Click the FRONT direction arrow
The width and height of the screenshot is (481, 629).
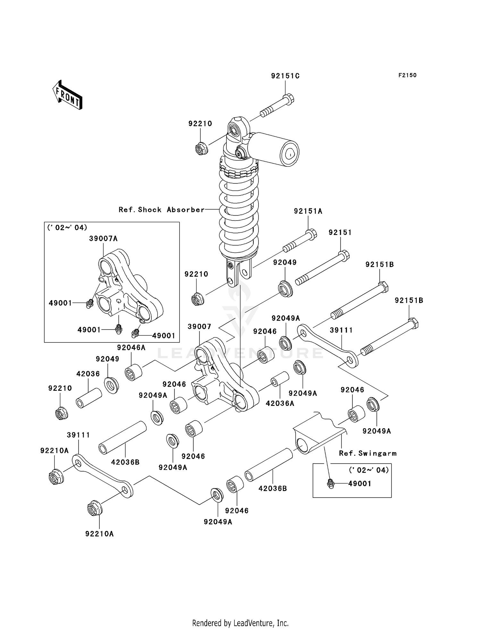point(68,95)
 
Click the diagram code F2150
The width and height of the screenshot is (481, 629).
point(407,75)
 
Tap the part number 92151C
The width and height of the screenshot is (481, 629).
point(285,76)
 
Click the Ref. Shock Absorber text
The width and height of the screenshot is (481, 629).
point(161,210)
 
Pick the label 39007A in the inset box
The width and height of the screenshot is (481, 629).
point(103,239)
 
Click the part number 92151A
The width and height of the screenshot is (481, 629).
point(308,211)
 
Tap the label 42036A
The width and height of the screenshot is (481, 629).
point(280,403)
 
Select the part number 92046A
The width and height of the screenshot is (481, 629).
point(131,348)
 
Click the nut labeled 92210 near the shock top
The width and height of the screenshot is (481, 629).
point(201,148)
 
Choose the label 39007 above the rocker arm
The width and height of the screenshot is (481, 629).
point(199,327)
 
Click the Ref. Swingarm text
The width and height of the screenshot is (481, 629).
point(367,453)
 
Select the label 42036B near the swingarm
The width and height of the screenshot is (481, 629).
point(273,489)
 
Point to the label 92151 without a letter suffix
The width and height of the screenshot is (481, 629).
point(340,233)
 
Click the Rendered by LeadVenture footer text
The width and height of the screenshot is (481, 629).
point(240,623)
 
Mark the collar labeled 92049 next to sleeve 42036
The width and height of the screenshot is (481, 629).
point(111,385)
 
